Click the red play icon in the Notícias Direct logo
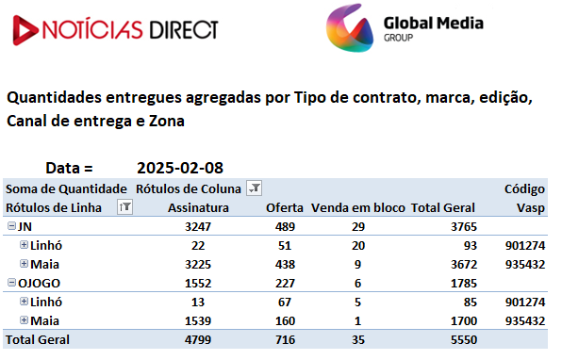pos(25,30)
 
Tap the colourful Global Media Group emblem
pos(350,28)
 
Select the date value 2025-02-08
pos(180,168)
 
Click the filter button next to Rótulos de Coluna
pos(254,188)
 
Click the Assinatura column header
pos(198,207)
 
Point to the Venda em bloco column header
pos(358,207)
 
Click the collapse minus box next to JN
pos(12,225)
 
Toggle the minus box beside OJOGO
pos(12,283)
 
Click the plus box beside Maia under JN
pos(24,264)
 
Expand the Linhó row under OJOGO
pos(24,302)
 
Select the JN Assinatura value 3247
pos(198,227)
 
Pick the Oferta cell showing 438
pos(285,265)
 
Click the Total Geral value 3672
pos(464,265)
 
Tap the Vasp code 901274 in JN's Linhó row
pos(525,246)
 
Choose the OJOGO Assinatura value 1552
pos(198,284)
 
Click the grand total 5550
pos(464,339)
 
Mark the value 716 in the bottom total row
pos(285,339)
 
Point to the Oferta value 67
pos(285,302)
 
